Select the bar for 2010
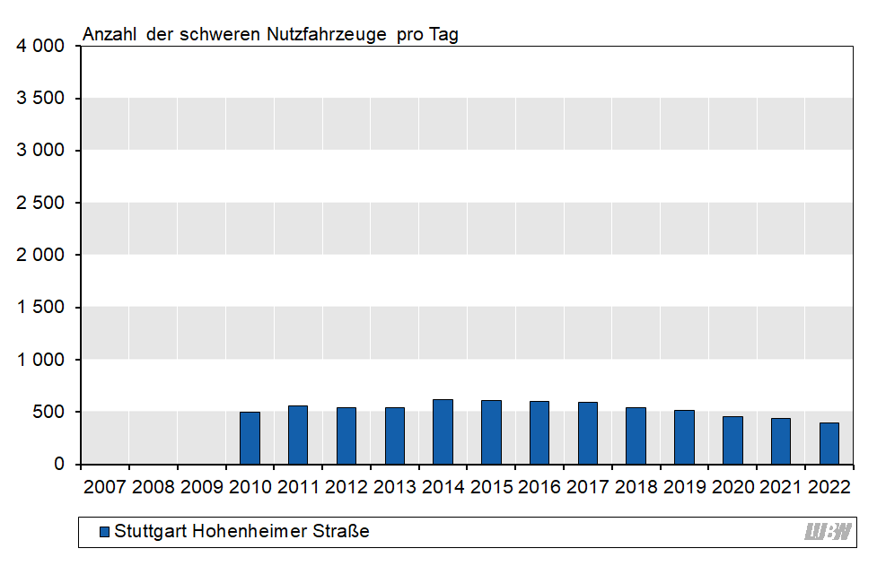pyautogui.click(x=250, y=438)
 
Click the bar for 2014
pyautogui.click(x=443, y=431)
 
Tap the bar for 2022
pyautogui.click(x=829, y=443)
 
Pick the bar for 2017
pyautogui.click(x=588, y=433)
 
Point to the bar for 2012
pyautogui.click(x=346, y=436)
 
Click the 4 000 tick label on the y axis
pyautogui.click(x=41, y=46)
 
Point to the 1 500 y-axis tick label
pyautogui.click(x=41, y=308)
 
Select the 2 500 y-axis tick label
pyautogui.click(x=41, y=203)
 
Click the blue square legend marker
pyautogui.click(x=104, y=532)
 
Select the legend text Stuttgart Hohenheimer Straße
pyautogui.click(x=241, y=532)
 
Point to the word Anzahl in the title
pyautogui.click(x=110, y=35)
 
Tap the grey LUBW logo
pyautogui.click(x=827, y=532)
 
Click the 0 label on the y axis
pyautogui.click(x=60, y=465)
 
